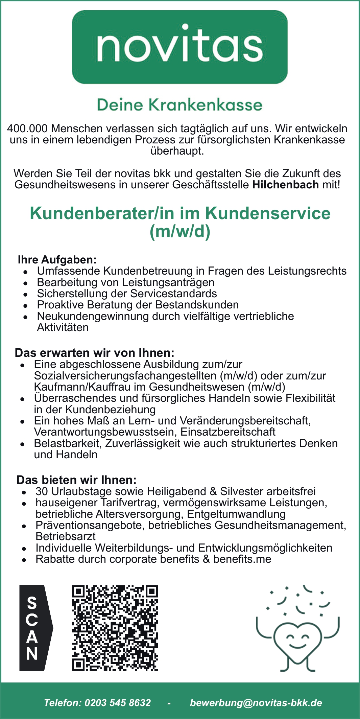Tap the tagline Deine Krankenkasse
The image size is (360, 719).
pos(179,105)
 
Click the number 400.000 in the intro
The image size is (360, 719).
pos(27,129)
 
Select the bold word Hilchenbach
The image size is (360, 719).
pos(285,185)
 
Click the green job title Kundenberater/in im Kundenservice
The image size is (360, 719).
pos(180,213)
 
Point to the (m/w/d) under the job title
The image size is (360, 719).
pos(180,231)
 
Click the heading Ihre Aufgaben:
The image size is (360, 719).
pos(57,260)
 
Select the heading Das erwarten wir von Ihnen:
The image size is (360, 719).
pos(94,353)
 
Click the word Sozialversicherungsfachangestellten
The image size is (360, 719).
pos(125,376)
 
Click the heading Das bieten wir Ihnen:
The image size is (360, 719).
pos(76,480)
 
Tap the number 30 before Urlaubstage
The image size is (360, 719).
pos(42,491)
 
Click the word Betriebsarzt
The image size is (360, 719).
pos(66,536)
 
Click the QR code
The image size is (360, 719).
pos(115,628)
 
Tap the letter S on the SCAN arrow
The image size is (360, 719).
pos(32,603)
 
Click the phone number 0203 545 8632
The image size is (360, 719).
pos(117,703)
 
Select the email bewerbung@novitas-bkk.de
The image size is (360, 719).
pos(256,703)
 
